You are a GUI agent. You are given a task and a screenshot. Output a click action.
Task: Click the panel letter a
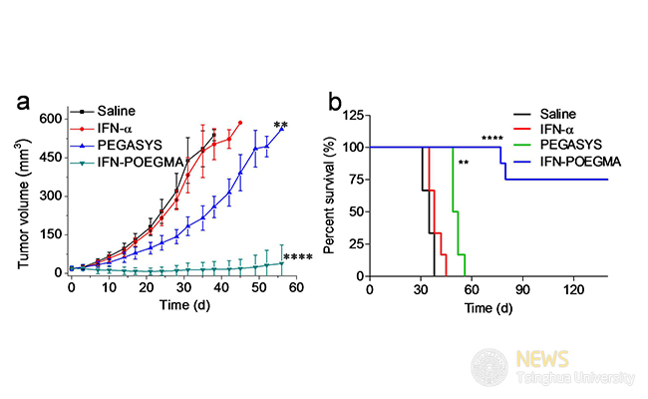[25, 102]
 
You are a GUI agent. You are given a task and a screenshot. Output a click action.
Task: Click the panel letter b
[337, 101]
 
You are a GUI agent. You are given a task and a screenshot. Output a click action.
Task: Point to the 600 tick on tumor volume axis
[49, 119]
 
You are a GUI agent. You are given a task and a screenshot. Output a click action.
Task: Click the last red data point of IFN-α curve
[240, 123]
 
